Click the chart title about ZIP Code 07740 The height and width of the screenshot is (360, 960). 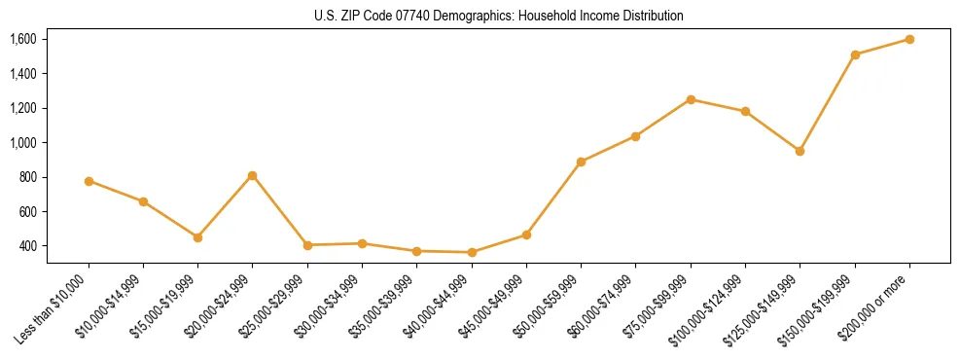(x=499, y=17)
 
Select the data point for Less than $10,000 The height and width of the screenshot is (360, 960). (x=89, y=181)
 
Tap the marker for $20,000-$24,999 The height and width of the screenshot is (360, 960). (x=253, y=175)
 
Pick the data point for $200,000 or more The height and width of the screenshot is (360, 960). (x=909, y=39)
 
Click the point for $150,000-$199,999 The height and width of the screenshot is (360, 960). (x=855, y=54)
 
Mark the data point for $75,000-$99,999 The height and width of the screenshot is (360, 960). (x=691, y=99)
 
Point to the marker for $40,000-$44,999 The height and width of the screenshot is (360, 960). (x=472, y=252)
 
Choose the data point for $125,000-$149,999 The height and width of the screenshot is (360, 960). (x=800, y=151)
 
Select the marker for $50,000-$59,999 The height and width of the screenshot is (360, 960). (x=581, y=162)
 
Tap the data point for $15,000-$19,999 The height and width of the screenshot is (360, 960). (x=197, y=237)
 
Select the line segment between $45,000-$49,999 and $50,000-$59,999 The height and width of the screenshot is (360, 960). (x=553, y=198)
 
